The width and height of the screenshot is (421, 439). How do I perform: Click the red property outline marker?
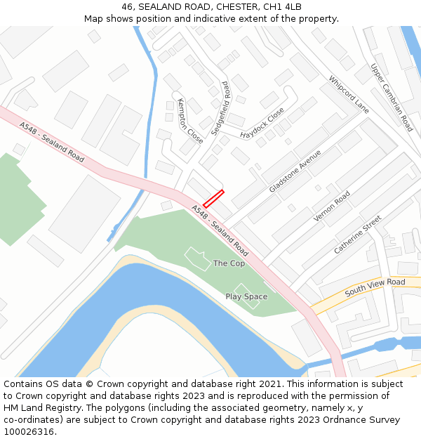pos(213,198)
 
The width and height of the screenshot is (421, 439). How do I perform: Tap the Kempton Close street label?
pos(189,121)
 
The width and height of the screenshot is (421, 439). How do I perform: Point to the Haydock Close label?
pos(262,123)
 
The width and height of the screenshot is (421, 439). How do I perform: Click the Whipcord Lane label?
pos(348,95)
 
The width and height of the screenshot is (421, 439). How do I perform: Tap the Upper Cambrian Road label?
pos(392,98)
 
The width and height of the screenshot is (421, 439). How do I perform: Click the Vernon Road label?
pos(332,207)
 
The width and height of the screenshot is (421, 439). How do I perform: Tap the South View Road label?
pos(375,287)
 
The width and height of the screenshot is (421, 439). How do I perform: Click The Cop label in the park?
pos(229,263)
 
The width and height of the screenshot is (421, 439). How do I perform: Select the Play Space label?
pos(246,296)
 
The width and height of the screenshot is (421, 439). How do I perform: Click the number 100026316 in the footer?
pos(29,432)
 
